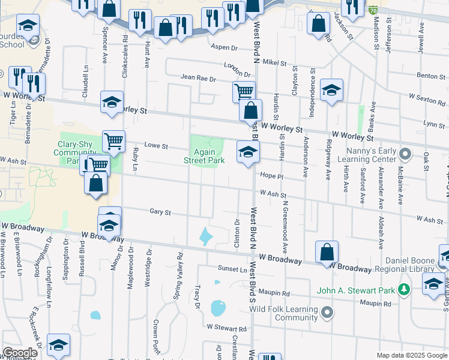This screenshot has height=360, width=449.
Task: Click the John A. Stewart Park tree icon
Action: (405, 290)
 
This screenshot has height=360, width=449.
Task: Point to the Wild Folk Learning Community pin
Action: (327, 311)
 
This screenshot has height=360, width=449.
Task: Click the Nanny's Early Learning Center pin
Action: (405, 155)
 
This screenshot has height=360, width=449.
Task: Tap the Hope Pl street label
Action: (271, 177)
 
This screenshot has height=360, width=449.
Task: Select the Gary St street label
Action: (160, 212)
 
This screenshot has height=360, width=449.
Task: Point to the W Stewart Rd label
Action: (227, 328)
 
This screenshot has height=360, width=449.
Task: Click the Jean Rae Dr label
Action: (197, 77)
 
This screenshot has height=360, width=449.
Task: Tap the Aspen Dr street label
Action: (223, 47)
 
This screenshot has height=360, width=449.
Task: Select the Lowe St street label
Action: (155, 146)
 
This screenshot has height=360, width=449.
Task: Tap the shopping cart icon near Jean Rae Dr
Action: (244, 91)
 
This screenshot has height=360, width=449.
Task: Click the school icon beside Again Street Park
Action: (247, 151)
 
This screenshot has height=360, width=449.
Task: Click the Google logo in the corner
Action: (19, 353)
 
